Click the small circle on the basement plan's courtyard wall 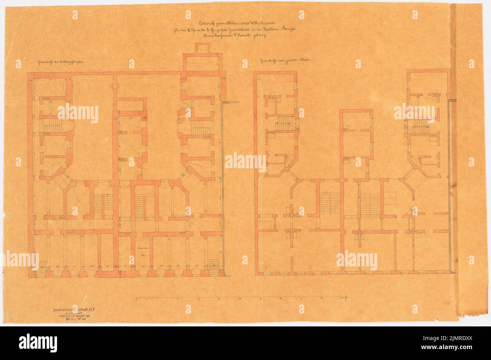[x=114, y=86]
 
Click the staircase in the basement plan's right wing [x=196, y=126]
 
